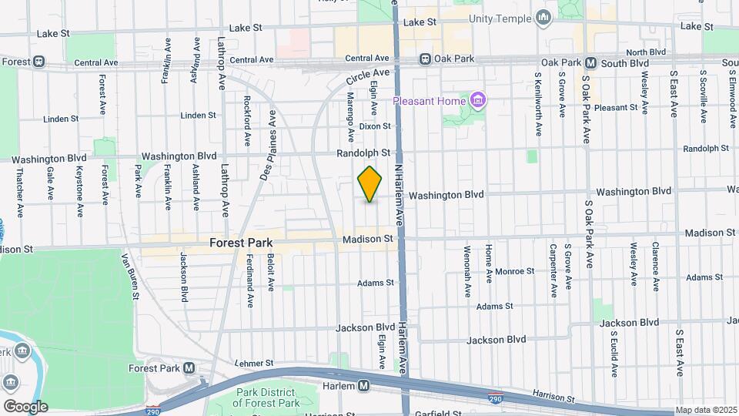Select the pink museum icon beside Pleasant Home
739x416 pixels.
coord(478,101)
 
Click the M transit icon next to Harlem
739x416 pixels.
coord(364,385)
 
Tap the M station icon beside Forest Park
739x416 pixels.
coord(189,368)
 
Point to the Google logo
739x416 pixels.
coord(25,406)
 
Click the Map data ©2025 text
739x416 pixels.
coord(705,410)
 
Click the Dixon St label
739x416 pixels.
coord(375,126)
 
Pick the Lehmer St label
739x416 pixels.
coord(254,363)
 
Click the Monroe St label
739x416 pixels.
coord(514,271)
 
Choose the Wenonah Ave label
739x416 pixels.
coord(467,271)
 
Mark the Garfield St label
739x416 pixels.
coord(437,413)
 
